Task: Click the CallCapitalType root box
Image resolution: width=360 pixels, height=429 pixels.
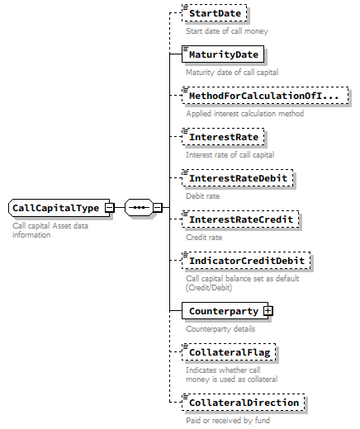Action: click(56, 208)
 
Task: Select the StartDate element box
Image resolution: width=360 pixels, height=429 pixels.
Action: click(216, 14)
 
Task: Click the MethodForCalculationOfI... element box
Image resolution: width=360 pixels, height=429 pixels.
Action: click(262, 97)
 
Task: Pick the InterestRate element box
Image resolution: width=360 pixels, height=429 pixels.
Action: click(223, 137)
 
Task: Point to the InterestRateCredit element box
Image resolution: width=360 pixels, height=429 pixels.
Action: click(241, 219)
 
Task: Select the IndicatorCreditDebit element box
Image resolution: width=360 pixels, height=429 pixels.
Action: click(246, 261)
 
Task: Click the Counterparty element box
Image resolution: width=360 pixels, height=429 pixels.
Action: click(222, 311)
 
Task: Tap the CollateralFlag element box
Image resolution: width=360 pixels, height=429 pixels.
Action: click(229, 352)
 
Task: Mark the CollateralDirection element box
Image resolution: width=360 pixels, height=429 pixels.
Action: click(243, 403)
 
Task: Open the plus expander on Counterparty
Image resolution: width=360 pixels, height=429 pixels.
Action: click(268, 311)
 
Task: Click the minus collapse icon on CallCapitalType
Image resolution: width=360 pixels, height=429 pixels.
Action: click(109, 208)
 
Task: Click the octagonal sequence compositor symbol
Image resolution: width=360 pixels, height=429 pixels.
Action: click(138, 208)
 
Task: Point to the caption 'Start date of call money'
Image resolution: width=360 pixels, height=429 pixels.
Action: click(227, 31)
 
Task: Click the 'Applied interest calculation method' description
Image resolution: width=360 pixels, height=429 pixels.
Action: click(244, 114)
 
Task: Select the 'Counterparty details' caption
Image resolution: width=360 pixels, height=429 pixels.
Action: click(220, 328)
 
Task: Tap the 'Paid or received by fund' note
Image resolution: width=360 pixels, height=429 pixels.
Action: click(227, 420)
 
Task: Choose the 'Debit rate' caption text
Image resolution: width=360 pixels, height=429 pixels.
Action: click(203, 196)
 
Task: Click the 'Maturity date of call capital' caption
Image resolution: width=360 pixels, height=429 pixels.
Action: click(232, 73)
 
